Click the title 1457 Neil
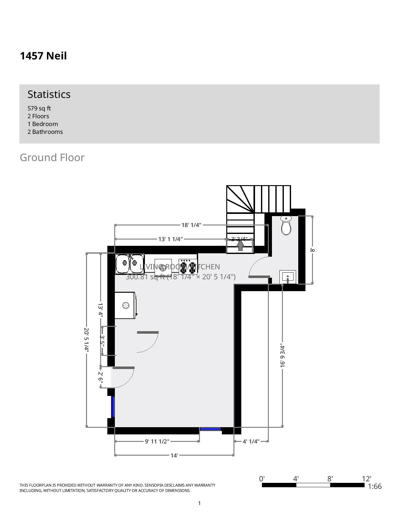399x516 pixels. point(43,56)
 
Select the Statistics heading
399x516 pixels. point(49,94)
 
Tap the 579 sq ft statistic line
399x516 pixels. point(39,108)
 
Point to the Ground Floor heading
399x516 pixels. point(52,157)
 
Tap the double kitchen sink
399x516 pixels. point(130,264)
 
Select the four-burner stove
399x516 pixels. point(188,266)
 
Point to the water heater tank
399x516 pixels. point(125,306)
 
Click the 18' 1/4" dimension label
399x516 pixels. point(191,225)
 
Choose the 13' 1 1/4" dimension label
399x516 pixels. point(170,239)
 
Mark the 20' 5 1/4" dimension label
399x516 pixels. point(87,340)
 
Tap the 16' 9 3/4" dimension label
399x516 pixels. point(283,356)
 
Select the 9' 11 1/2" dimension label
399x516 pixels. point(157,441)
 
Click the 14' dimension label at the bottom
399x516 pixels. point(174,455)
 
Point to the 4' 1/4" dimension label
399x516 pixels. point(251,441)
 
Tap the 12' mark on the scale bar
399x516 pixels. point(366,479)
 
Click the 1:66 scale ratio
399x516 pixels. point(375,486)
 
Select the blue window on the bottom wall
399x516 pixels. point(211,429)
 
